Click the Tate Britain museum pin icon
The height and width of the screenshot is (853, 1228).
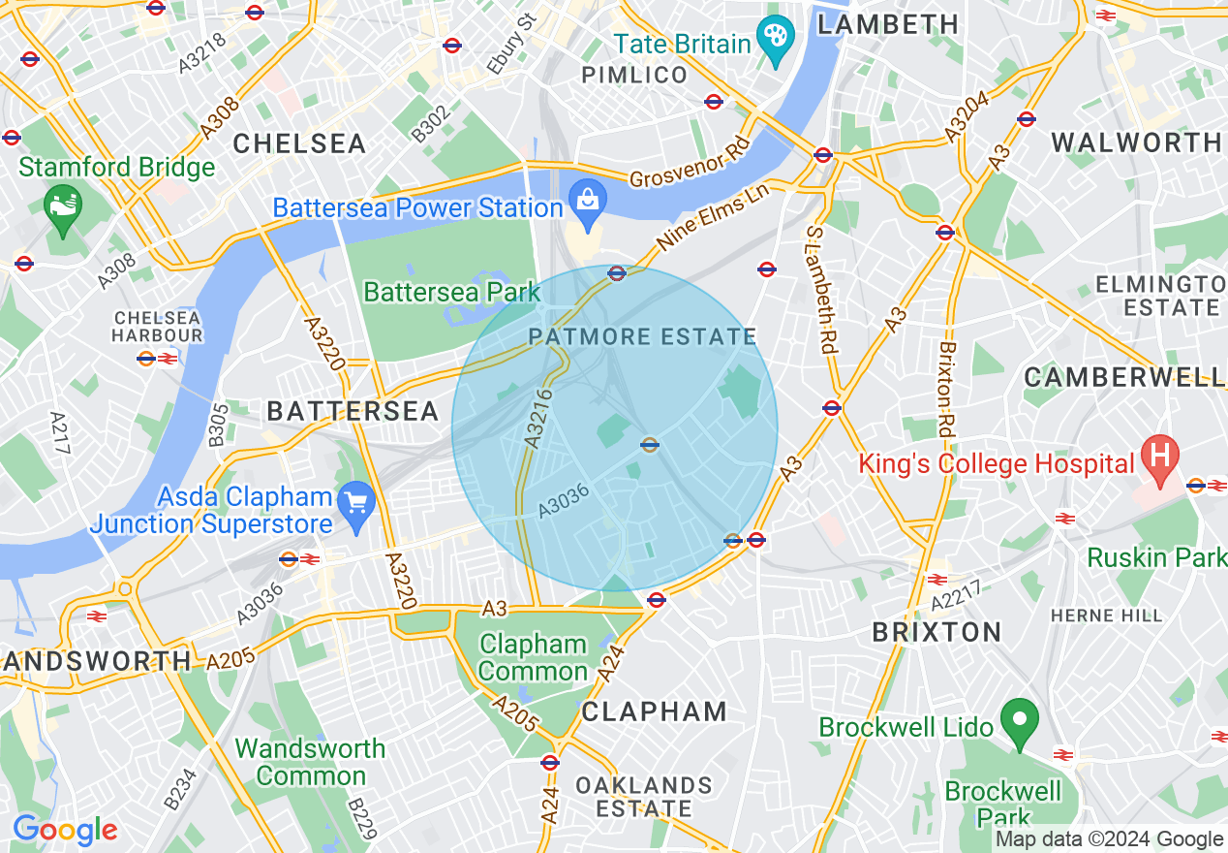click(775, 41)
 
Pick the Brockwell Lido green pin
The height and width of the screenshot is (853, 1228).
click(1019, 721)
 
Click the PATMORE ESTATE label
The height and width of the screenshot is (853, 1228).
click(642, 337)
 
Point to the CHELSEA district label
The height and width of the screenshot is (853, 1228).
click(299, 144)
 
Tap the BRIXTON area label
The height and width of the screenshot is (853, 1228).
click(936, 633)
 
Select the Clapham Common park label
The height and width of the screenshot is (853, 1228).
click(533, 657)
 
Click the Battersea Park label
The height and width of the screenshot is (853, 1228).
click(451, 291)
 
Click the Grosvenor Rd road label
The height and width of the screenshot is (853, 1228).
click(691, 166)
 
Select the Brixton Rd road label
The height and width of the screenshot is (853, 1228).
click(947, 388)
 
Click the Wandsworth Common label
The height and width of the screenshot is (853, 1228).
click(310, 762)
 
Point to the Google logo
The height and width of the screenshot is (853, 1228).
click(64, 830)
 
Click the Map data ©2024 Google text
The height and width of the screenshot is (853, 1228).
click(1109, 839)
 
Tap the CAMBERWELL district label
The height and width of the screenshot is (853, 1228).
click(1123, 377)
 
